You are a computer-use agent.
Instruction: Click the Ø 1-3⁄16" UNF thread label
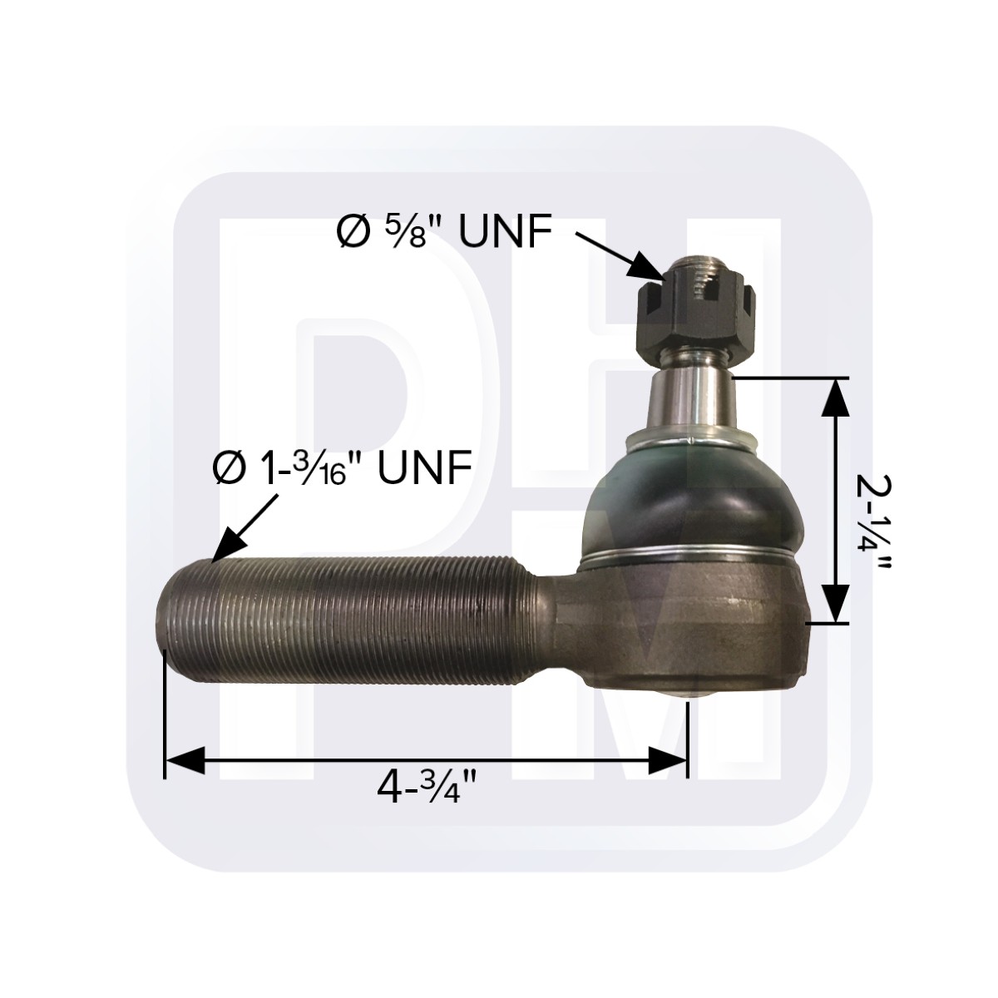tap(341, 468)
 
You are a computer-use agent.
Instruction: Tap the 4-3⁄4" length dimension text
tap(426, 786)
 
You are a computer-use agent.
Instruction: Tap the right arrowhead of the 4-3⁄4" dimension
tap(669, 760)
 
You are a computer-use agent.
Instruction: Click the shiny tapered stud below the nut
tap(692, 398)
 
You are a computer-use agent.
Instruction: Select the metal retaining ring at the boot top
tap(692, 438)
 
